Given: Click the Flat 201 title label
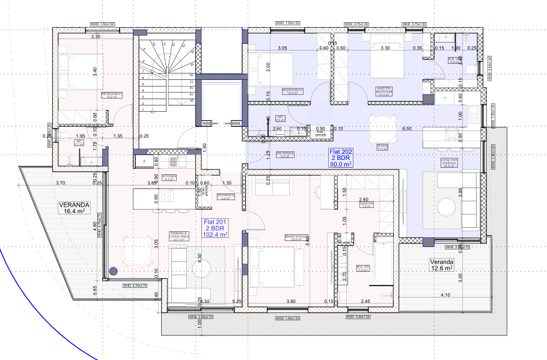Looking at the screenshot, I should pos(214,228).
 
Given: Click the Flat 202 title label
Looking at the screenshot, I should pos(340,157).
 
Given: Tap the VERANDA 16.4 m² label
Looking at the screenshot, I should pos(74,208).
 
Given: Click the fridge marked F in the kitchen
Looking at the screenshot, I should pos(144,162).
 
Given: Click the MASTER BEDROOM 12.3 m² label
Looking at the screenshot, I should pos(384,91).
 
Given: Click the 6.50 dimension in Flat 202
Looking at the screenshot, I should pos(406,128).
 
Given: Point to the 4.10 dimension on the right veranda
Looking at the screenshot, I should pos(445,294).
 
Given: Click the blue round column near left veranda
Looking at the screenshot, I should pos(112,272).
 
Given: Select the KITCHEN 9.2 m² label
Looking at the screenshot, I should pos(170,178).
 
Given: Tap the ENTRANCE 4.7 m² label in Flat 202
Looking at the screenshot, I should pos(286,155).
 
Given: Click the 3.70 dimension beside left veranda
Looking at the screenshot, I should pos(60,182).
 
